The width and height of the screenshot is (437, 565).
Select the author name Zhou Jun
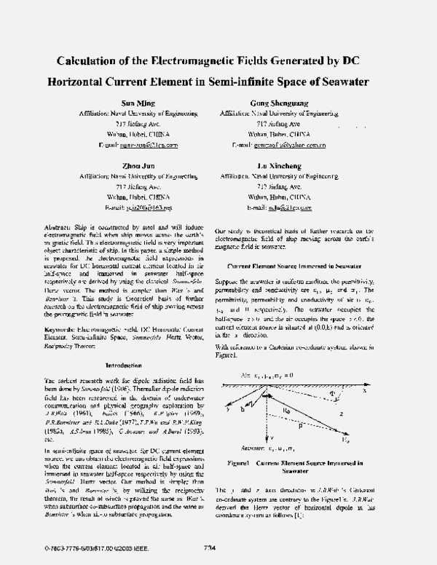pos(132,167)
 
